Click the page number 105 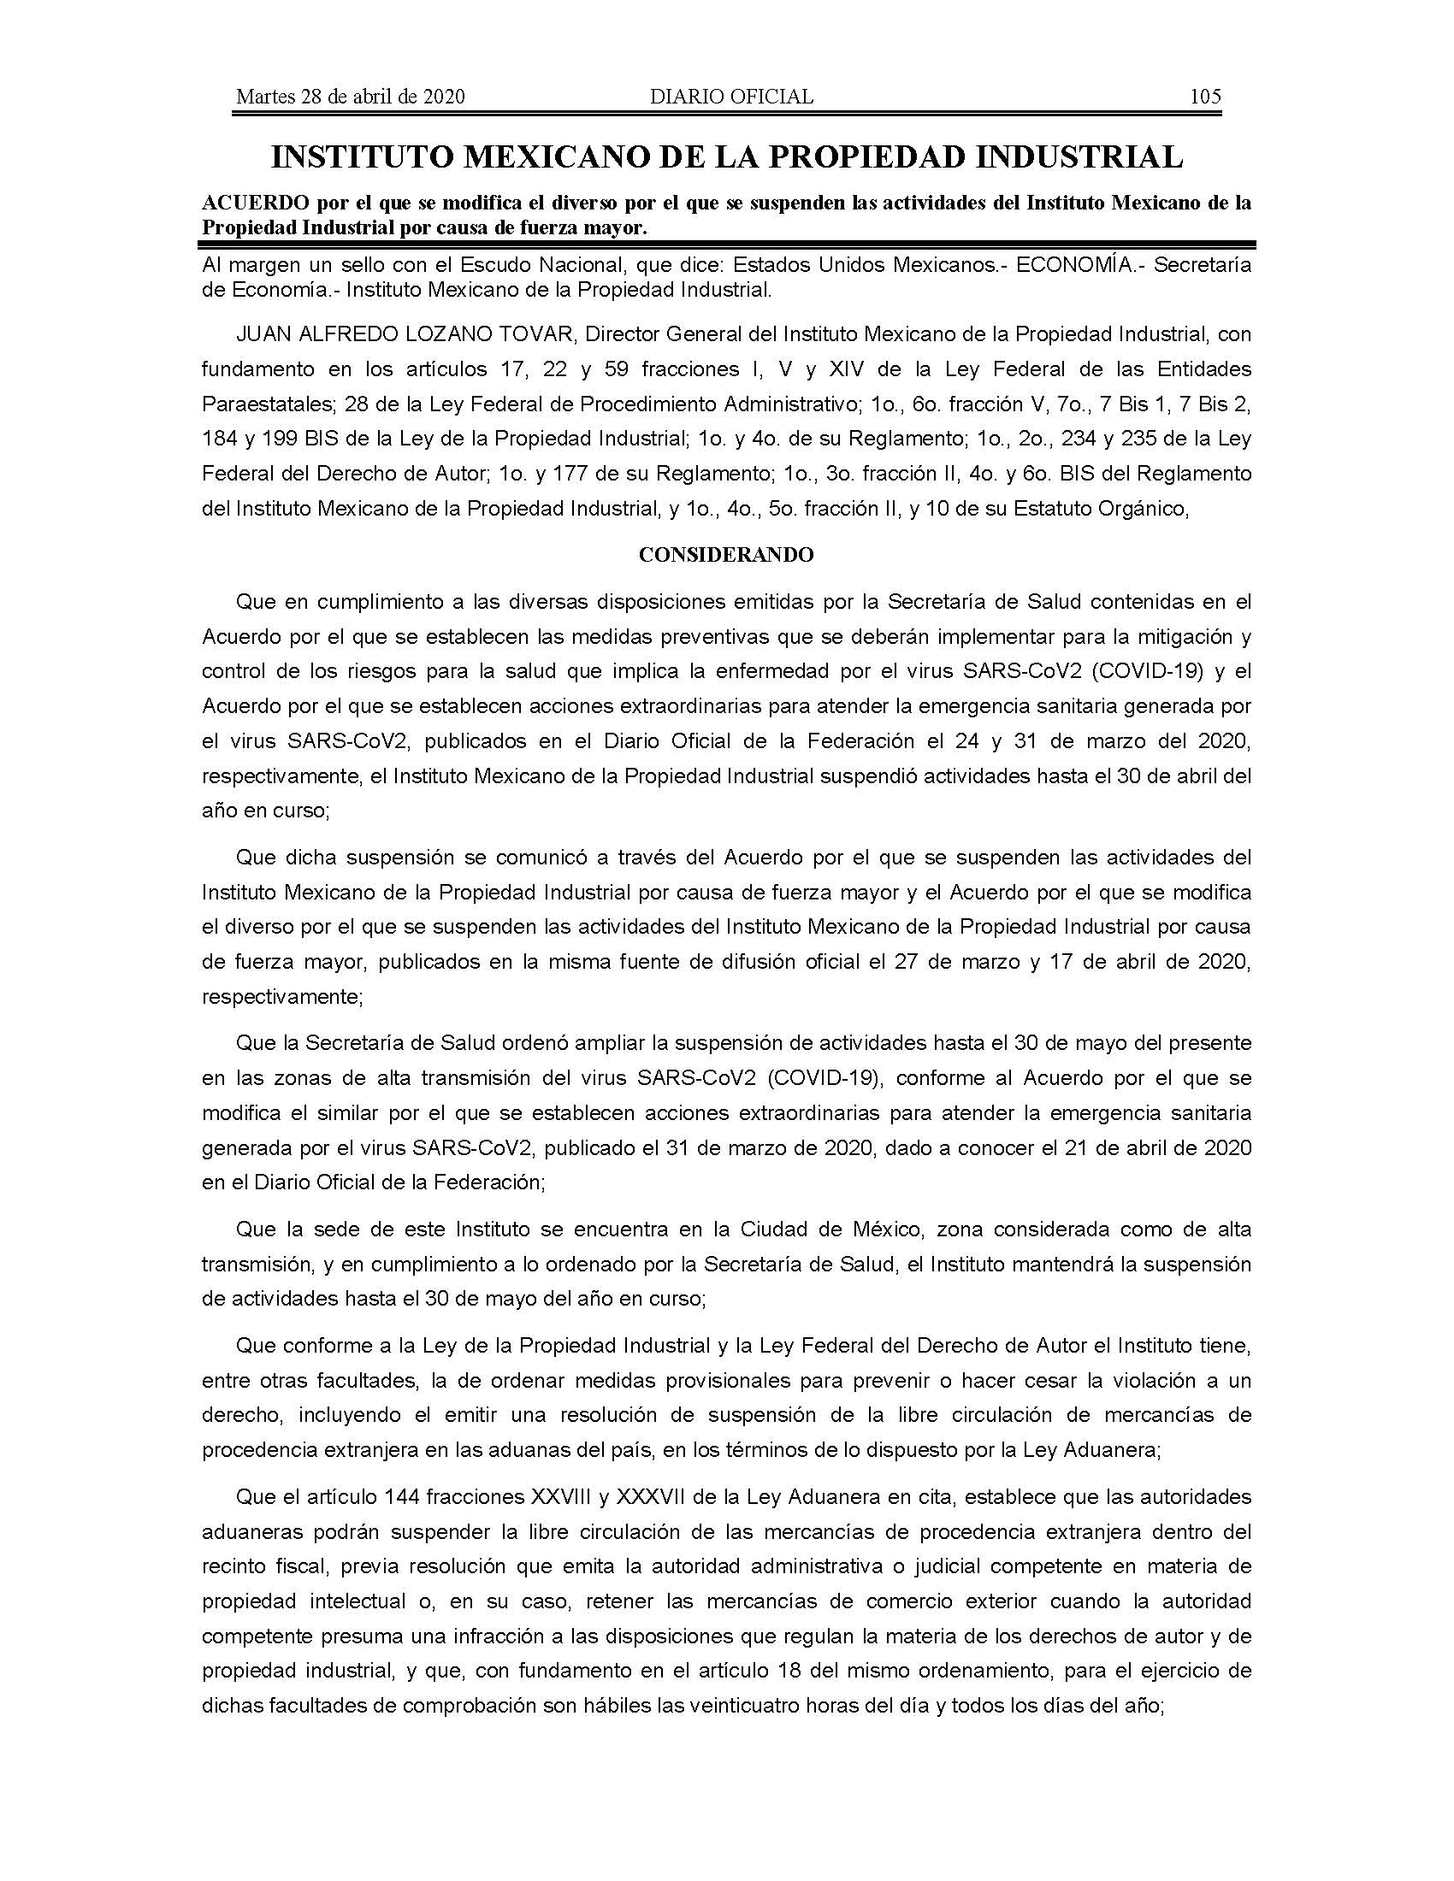click(x=1204, y=97)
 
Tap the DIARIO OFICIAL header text click(x=731, y=97)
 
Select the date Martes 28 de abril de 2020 click(x=351, y=97)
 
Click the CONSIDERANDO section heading click(x=726, y=556)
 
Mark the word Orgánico click(x=1138, y=508)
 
